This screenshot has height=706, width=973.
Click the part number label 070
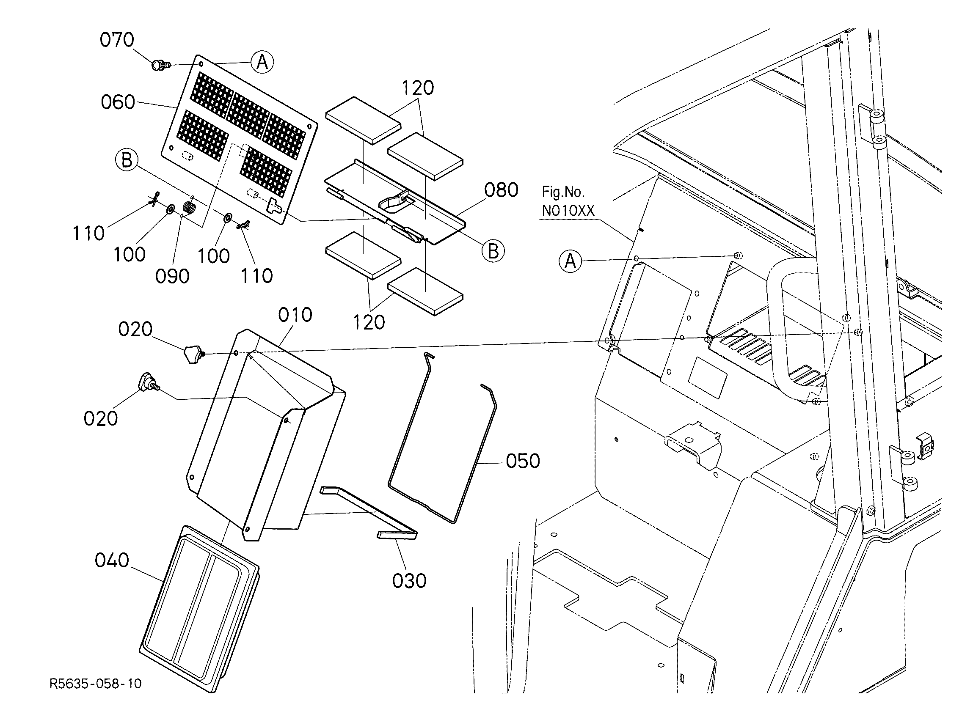point(117,40)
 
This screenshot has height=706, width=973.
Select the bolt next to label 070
point(160,66)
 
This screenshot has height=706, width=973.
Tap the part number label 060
point(118,102)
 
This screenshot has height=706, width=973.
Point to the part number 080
point(501,190)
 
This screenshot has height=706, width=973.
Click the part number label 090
point(172,277)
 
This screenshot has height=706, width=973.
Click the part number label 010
point(295,315)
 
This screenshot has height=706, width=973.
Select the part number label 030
point(409,581)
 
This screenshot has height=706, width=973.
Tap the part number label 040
point(112,560)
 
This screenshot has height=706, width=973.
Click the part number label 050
point(523,461)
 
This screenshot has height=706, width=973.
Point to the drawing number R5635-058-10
point(95,683)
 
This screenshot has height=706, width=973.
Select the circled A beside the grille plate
point(262,63)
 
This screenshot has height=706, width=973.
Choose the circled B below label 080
point(493,251)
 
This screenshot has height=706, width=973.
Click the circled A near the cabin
point(571,261)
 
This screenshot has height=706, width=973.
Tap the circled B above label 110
point(127,160)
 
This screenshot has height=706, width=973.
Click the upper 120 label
point(417,88)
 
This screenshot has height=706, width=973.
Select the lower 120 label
point(369,323)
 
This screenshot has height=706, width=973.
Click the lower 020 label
point(100,419)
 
